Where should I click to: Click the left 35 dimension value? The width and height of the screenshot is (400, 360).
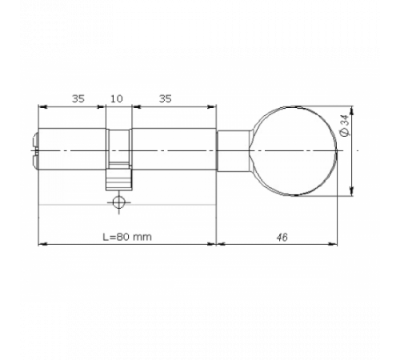(x=78, y=98)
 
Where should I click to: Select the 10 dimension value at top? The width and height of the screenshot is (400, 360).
(x=116, y=98)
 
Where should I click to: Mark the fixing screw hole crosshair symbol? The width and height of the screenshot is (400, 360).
(x=119, y=201)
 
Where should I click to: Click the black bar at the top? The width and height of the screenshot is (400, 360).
(x=200, y=29)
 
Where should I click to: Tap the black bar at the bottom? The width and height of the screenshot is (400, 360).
(x=200, y=330)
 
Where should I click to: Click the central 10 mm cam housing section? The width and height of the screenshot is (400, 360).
(x=118, y=149)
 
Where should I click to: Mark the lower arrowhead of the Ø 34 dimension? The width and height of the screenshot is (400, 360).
(x=353, y=190)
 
